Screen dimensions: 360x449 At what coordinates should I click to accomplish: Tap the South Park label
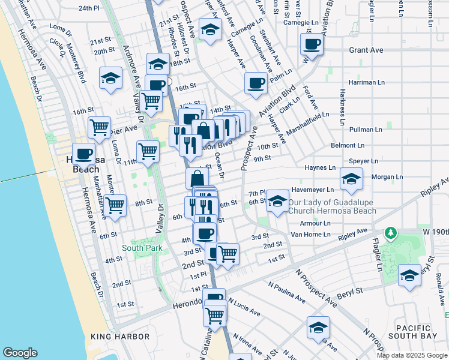pyautogui.click(x=142, y=247)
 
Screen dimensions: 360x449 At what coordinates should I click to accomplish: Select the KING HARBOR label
pyautogui.click(x=119, y=337)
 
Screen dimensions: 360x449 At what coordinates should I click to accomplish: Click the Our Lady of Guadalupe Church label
pyautogui.click(x=332, y=206)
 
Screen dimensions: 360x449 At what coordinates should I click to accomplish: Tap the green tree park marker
pyautogui.click(x=391, y=232)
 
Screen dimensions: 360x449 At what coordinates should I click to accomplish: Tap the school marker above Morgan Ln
pyautogui.click(x=351, y=178)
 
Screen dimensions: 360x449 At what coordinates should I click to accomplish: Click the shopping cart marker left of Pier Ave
pyautogui.click(x=100, y=127)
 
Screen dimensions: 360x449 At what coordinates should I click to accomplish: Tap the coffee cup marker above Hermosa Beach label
pyautogui.click(x=84, y=154)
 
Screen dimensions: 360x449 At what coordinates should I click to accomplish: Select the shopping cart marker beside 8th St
pyautogui.click(x=115, y=205)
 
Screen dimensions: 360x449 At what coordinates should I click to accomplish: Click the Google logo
pyautogui.click(x=20, y=353)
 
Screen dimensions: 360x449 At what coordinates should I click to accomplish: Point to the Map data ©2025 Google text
pyautogui.click(x=411, y=355)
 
